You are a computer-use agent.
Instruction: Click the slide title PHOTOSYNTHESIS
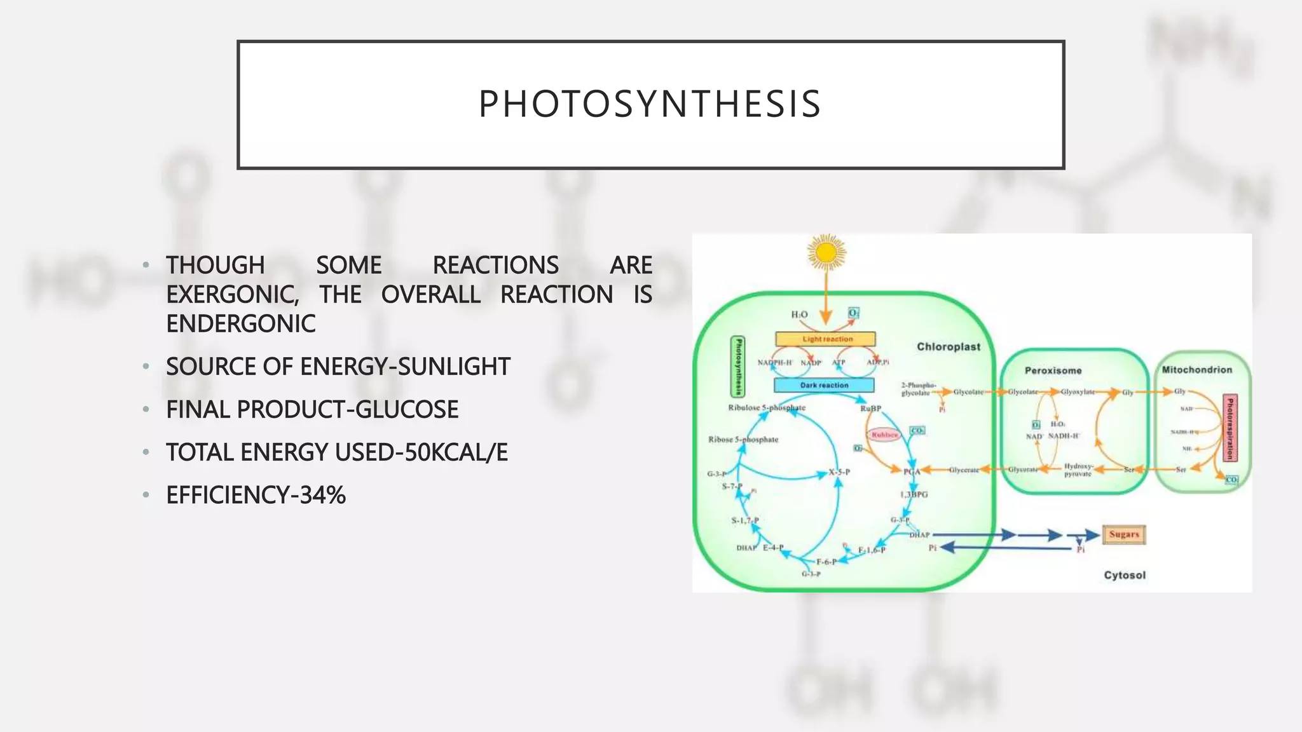[x=650, y=104]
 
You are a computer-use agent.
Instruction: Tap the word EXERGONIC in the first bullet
[x=232, y=295]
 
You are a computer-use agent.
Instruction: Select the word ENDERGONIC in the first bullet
[x=241, y=324]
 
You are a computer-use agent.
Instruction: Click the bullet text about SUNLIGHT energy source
[x=338, y=367]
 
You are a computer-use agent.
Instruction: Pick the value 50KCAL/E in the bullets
[x=456, y=452]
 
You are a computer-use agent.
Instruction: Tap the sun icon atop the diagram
[x=826, y=253]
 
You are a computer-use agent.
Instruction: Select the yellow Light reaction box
[x=826, y=339]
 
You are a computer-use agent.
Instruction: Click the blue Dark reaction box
[x=824, y=385]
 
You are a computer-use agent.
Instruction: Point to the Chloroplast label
[x=948, y=347]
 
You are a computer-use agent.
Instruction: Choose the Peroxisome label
[x=1053, y=370]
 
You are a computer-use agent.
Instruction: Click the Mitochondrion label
[x=1196, y=370]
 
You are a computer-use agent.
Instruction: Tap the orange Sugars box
[x=1123, y=534]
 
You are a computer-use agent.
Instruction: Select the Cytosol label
[x=1124, y=575]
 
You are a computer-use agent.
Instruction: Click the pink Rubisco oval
[x=884, y=435]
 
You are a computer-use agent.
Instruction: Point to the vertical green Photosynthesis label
[x=738, y=366]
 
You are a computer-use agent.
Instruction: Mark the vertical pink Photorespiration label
[x=1230, y=428]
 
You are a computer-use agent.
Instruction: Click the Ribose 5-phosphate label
[x=743, y=440]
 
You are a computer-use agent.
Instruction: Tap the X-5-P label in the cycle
[x=839, y=472]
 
